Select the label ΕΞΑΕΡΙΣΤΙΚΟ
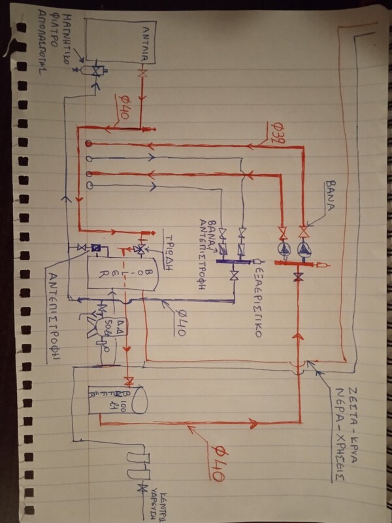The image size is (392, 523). pyautogui.click(x=259, y=294)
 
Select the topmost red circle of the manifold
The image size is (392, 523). pyautogui.click(x=87, y=143)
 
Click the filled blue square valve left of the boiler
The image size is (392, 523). pyautogui.click(x=95, y=248)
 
